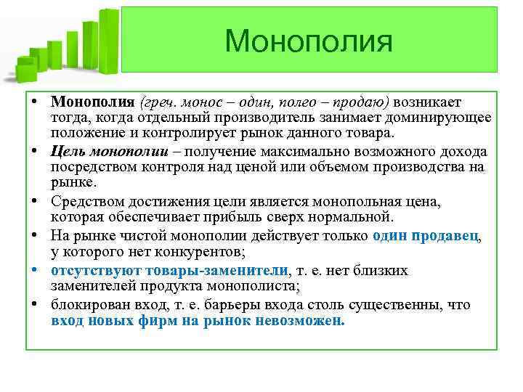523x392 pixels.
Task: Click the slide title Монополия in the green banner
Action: pyautogui.click(x=309, y=41)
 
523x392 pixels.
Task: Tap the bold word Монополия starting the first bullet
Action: pyautogui.click(x=93, y=101)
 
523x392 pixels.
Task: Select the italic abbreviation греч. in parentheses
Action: pyautogui.click(x=160, y=101)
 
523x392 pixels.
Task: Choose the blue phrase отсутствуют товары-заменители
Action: pyautogui.click(x=169, y=270)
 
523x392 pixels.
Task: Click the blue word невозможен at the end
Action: pyautogui.click(x=301, y=322)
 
